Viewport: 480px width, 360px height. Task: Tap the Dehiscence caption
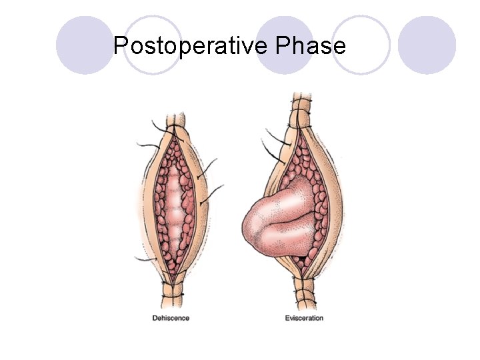[171, 318]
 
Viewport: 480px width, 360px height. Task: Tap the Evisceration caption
[304, 318]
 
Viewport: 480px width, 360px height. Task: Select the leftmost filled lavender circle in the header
[85, 45]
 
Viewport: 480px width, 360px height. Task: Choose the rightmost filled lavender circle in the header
[427, 45]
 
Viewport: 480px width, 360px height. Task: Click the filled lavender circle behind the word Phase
[285, 45]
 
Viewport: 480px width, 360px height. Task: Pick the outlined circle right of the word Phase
[361, 45]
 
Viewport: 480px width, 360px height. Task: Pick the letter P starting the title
[121, 46]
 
